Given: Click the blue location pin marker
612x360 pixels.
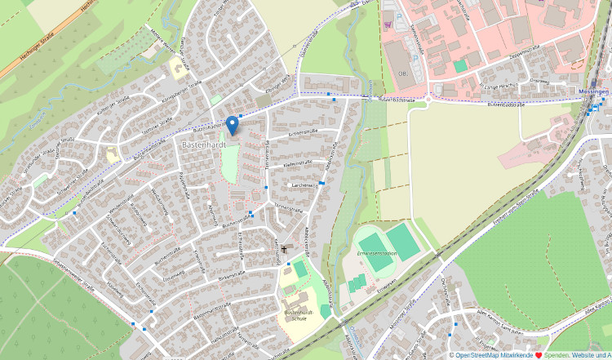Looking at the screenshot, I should click(x=232, y=124).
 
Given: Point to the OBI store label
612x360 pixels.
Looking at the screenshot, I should click(x=401, y=73).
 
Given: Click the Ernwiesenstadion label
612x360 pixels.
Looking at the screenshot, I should click(x=377, y=254).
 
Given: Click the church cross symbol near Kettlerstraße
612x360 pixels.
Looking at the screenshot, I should click(x=284, y=247).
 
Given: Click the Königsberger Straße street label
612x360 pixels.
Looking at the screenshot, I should click(x=180, y=91).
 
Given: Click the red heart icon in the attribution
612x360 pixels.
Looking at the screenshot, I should click(x=539, y=355).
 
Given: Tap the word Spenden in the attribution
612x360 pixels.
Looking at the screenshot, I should click(x=557, y=355).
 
